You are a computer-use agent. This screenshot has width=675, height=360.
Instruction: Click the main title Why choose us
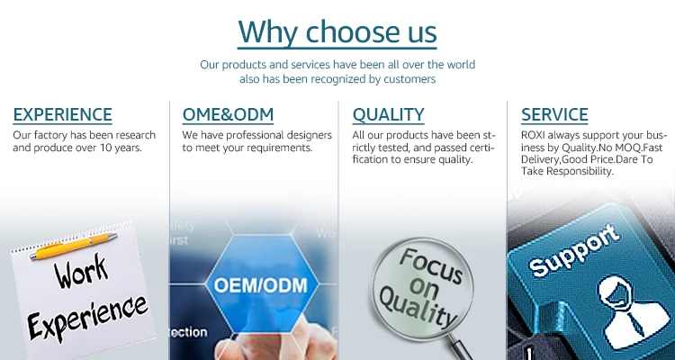(337, 31)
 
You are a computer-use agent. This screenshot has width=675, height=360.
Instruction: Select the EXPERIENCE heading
(62, 115)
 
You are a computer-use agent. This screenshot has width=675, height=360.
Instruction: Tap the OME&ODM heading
(228, 115)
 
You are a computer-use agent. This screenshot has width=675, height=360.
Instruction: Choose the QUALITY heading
(388, 115)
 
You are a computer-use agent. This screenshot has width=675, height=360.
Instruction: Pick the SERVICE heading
(554, 115)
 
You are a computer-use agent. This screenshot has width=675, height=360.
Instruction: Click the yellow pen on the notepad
(73, 246)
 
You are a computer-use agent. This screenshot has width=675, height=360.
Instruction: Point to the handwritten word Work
(81, 271)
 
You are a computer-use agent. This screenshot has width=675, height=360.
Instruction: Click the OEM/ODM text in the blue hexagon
(261, 285)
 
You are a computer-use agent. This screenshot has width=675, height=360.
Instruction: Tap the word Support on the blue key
(574, 250)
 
